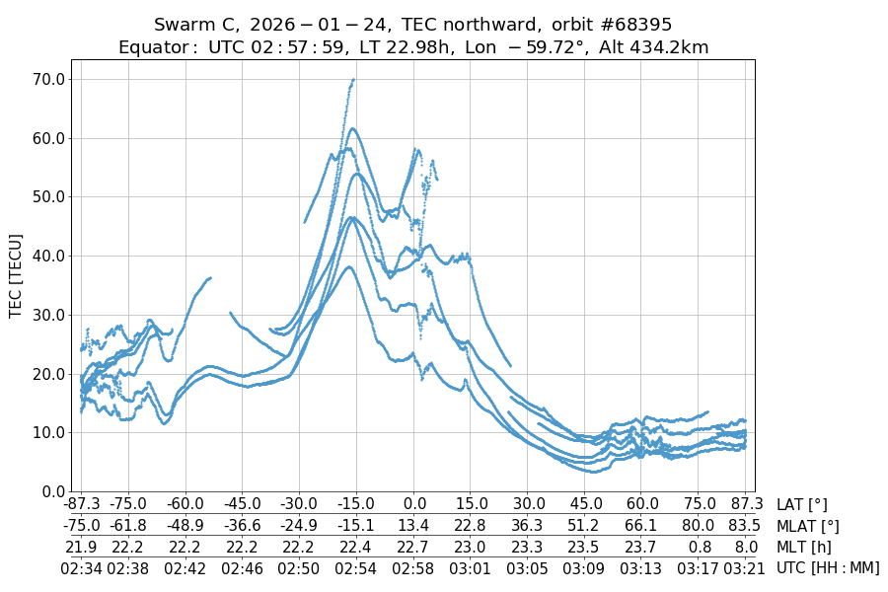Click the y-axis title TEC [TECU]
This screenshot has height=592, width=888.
(16, 275)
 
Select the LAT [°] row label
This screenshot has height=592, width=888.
(802, 505)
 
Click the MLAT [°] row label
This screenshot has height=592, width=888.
(808, 526)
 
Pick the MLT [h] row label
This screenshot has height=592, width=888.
(802, 547)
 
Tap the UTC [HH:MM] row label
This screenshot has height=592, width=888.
(828, 567)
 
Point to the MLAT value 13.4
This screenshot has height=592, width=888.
(414, 526)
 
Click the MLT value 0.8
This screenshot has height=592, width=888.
(700, 547)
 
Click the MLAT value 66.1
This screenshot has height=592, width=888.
(642, 526)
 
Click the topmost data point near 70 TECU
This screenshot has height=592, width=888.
(352, 79)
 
